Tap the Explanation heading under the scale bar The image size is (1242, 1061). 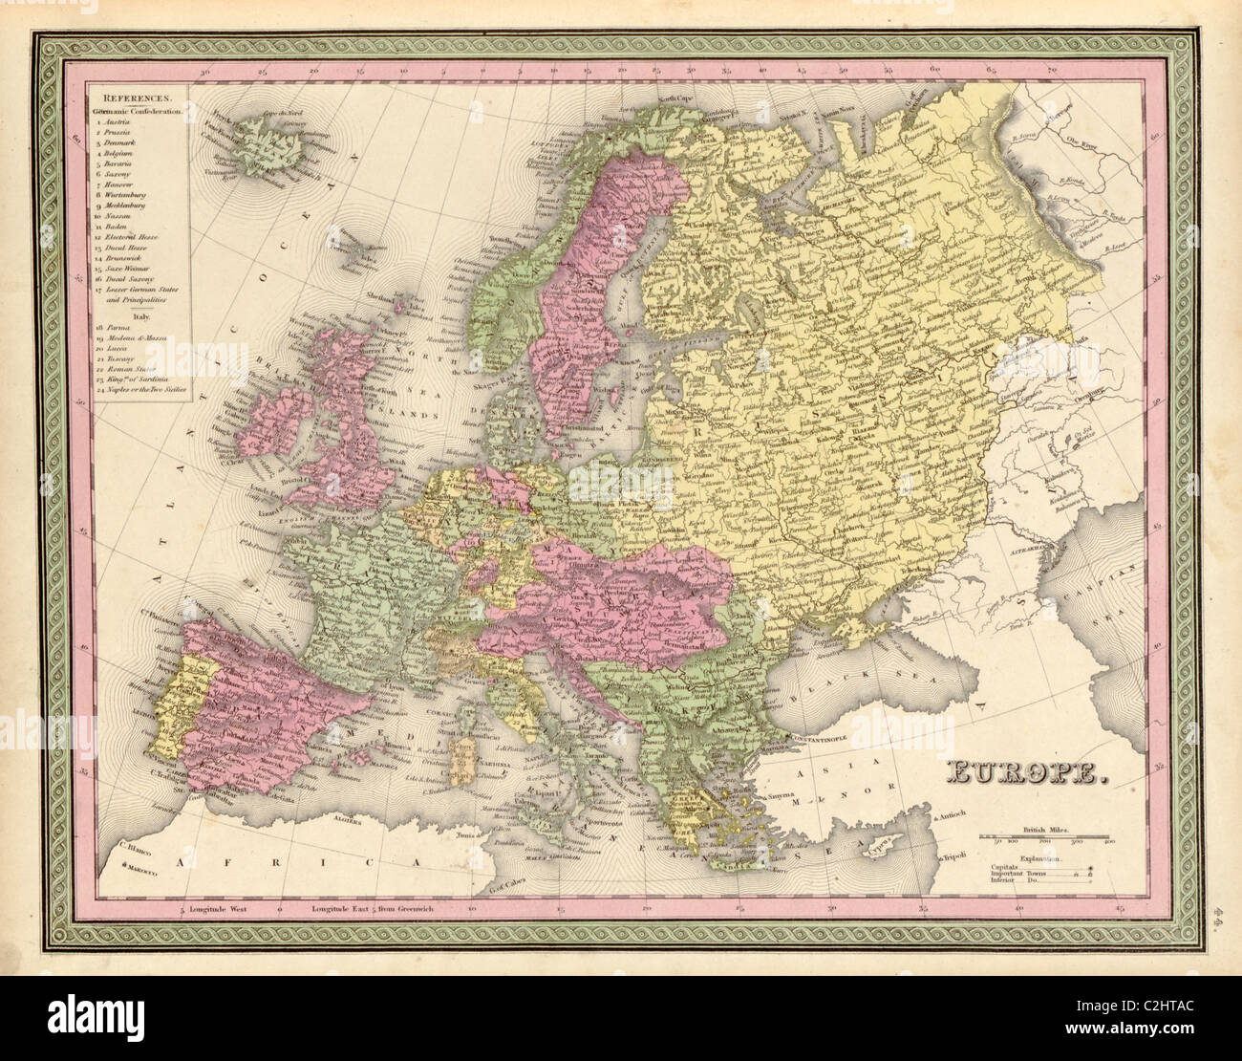click(x=1045, y=858)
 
